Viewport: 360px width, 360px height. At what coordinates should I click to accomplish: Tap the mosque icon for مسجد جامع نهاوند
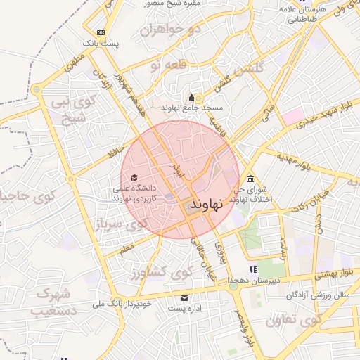pyautogui.click(x=191, y=97)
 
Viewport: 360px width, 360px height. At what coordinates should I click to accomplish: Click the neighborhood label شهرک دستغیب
pyautogui.click(x=53, y=301)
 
